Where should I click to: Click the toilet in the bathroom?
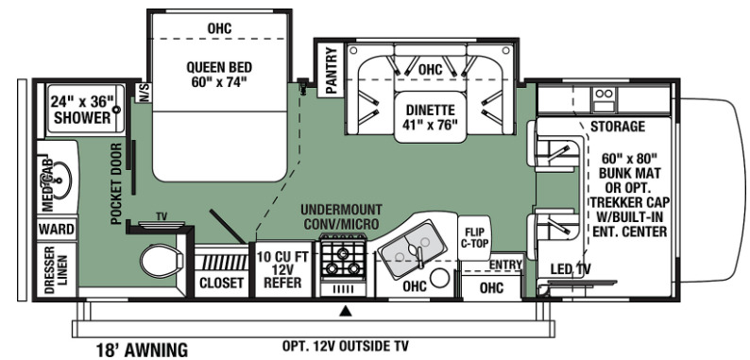(x=162, y=262)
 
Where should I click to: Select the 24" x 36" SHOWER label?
(x=82, y=110)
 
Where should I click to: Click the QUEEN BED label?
(x=219, y=75)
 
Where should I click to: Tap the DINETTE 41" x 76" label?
(x=430, y=117)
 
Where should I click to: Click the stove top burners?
(x=343, y=262)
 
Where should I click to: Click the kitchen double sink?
(x=412, y=249)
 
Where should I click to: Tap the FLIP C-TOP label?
(x=474, y=238)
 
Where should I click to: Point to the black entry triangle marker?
(x=346, y=312)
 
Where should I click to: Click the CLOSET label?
(x=221, y=283)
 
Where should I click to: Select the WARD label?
(x=57, y=230)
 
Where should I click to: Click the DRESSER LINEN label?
(x=57, y=266)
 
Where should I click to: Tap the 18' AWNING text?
(x=142, y=350)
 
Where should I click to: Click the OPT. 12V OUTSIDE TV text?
(x=345, y=346)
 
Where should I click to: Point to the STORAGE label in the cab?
(x=618, y=127)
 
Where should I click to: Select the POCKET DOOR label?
(x=116, y=184)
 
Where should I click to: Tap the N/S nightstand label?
(x=144, y=93)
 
